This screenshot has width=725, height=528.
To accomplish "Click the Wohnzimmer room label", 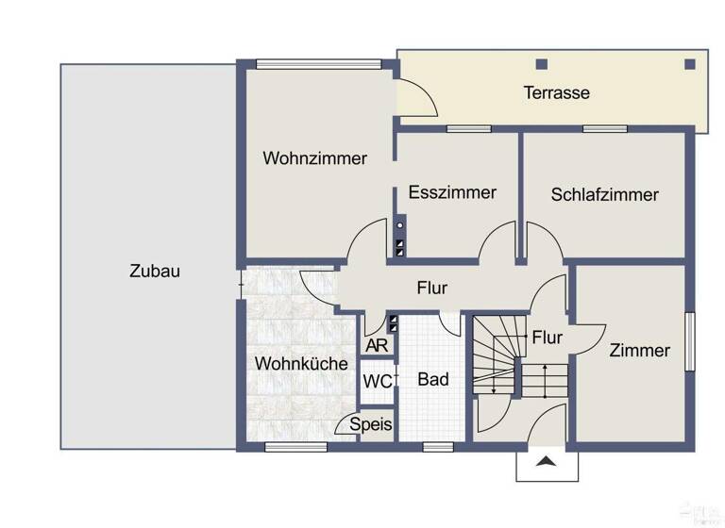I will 315,158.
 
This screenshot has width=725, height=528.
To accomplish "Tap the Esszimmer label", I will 452,192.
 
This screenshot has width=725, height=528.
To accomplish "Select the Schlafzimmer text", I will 604,195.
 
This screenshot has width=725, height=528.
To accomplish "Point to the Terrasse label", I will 557,92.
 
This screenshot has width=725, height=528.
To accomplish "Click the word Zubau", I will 155,272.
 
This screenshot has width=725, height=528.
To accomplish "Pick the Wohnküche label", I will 301,363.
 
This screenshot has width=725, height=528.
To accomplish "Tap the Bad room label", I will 433,380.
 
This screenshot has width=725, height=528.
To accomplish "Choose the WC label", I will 377,382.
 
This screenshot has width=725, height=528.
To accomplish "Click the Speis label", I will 370,424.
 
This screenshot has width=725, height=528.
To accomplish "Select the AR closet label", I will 377,345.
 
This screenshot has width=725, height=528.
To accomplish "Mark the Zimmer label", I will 639,351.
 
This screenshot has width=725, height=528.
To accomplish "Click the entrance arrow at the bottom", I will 546,461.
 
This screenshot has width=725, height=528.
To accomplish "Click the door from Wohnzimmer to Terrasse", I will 414,99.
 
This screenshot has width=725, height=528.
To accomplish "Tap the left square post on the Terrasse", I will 541,64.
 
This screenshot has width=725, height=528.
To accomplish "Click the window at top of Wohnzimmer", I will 318,64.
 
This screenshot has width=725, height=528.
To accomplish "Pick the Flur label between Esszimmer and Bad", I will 431,289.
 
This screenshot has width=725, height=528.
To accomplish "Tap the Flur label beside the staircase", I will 547,338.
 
